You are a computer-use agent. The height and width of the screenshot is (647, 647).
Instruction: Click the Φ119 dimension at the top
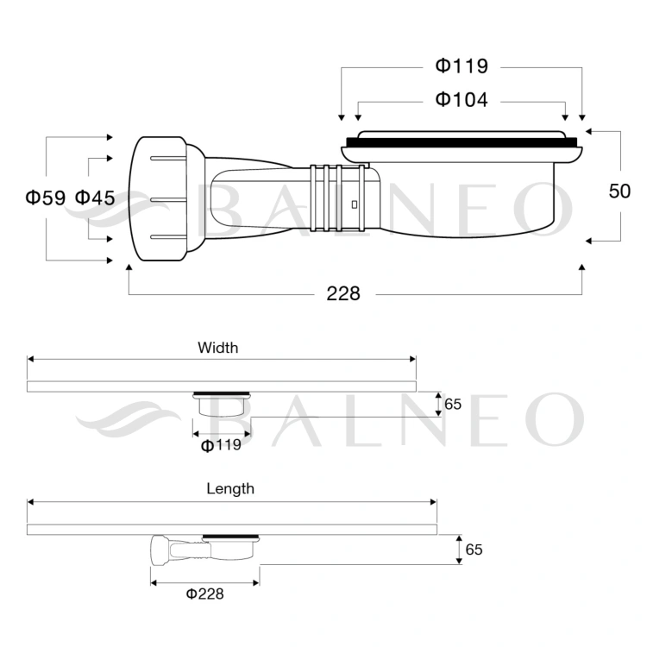[x=462, y=66]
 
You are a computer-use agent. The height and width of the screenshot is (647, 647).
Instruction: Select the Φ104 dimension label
[x=462, y=100]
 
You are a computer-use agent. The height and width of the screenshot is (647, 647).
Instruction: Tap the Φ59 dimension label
[x=46, y=198]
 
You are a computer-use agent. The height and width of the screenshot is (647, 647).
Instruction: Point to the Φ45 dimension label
[x=95, y=198]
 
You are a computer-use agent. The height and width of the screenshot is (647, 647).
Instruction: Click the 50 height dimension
[x=619, y=191]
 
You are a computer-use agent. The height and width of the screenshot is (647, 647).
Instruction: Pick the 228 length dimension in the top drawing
[x=343, y=294]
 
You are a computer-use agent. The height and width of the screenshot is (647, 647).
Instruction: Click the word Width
[x=218, y=348]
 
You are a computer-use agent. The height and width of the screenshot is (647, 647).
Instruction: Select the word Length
[x=230, y=489]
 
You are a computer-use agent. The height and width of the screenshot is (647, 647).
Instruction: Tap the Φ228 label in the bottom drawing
[x=205, y=594]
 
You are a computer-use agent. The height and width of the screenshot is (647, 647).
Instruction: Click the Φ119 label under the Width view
[x=221, y=445]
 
